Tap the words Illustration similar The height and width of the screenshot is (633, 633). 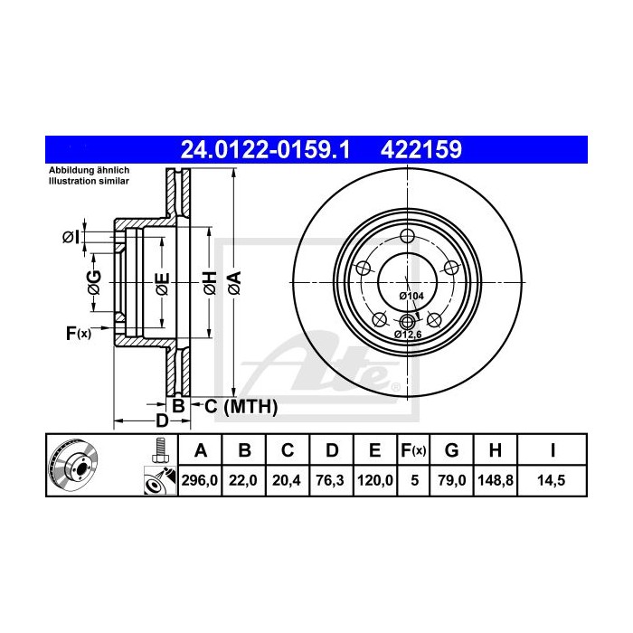[90, 181]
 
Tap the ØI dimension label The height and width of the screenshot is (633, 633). [71, 237]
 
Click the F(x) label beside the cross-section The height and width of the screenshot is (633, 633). [79, 334]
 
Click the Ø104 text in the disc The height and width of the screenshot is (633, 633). [412, 296]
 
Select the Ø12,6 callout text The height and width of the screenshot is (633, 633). [409, 334]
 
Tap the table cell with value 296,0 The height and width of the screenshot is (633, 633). [200, 481]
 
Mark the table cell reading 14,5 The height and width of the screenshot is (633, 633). [553, 481]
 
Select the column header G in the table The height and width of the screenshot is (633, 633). [452, 450]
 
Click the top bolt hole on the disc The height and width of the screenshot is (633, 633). [408, 238]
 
